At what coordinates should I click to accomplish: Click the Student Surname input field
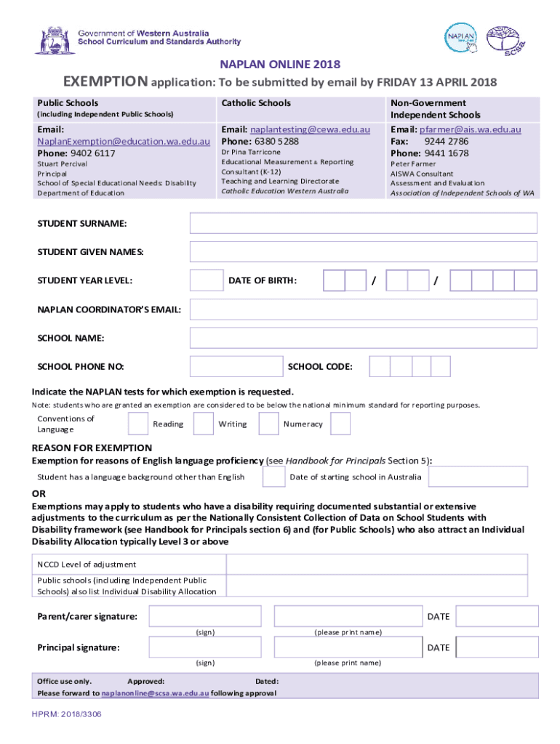click(363, 223)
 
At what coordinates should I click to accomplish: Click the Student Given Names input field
click(363, 251)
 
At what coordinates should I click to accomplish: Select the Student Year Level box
click(206, 280)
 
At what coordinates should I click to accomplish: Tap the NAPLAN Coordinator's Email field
click(363, 310)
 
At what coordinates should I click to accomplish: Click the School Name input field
click(363, 338)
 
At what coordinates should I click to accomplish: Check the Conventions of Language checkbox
click(138, 424)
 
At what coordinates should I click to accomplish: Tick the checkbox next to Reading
click(203, 424)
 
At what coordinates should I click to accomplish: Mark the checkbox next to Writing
click(269, 424)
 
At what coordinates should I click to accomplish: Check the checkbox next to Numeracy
click(340, 424)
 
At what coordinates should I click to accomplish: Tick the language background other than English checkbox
click(274, 477)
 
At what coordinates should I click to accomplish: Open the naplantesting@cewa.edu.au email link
click(311, 129)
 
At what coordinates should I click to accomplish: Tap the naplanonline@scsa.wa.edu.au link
click(155, 693)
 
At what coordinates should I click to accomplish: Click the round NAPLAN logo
click(461, 39)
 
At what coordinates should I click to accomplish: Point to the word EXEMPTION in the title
click(105, 81)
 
